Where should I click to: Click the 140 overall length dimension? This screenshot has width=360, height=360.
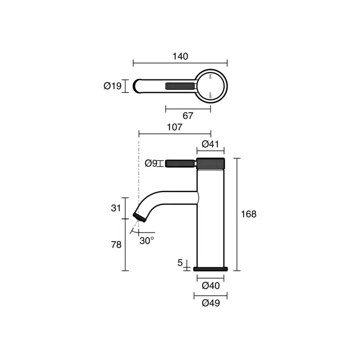tap(180, 57)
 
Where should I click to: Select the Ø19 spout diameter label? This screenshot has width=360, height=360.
tap(113, 86)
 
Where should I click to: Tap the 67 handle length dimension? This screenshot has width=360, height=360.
tap(188, 115)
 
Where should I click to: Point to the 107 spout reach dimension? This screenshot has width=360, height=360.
tap(174, 127)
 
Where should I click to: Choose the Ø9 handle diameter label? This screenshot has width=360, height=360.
tap(151, 163)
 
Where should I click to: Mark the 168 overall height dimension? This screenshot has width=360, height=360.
tap(249, 214)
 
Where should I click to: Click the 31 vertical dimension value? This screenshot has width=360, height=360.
tap(116, 208)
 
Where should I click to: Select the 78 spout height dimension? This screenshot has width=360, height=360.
tap(116, 245)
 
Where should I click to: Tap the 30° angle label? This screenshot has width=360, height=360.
tap(147, 241)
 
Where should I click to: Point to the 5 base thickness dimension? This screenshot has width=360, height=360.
tap(180, 263)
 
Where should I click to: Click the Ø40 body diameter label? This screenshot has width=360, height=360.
tap(211, 286)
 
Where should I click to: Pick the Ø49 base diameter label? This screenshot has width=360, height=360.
tap(211, 303)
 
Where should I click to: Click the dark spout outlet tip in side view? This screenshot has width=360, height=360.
tap(140, 217)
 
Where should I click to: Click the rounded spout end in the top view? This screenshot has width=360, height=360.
tap(137, 86)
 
